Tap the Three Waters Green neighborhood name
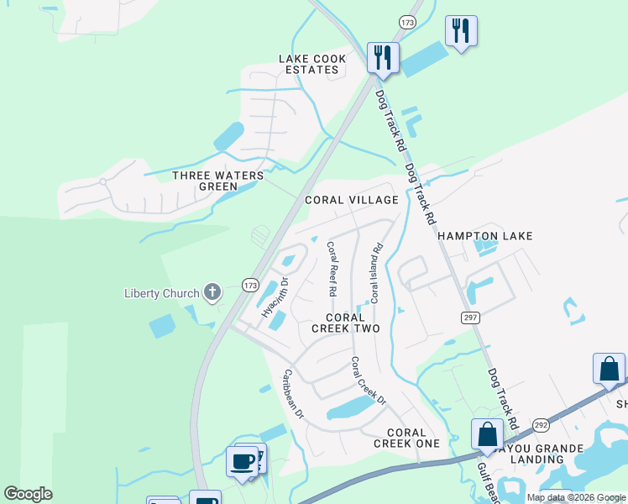[x=217, y=181]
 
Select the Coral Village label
[x=351, y=200]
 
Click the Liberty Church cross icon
[x=212, y=292]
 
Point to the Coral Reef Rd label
[x=332, y=269]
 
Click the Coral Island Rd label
[x=377, y=273]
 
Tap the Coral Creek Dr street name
[x=367, y=381]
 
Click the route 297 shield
[x=469, y=316]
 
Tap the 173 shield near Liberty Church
[x=250, y=286]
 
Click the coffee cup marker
[x=242, y=461]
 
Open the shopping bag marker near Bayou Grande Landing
[x=487, y=434]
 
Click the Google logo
[x=28, y=494]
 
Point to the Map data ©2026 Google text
[x=575, y=497]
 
